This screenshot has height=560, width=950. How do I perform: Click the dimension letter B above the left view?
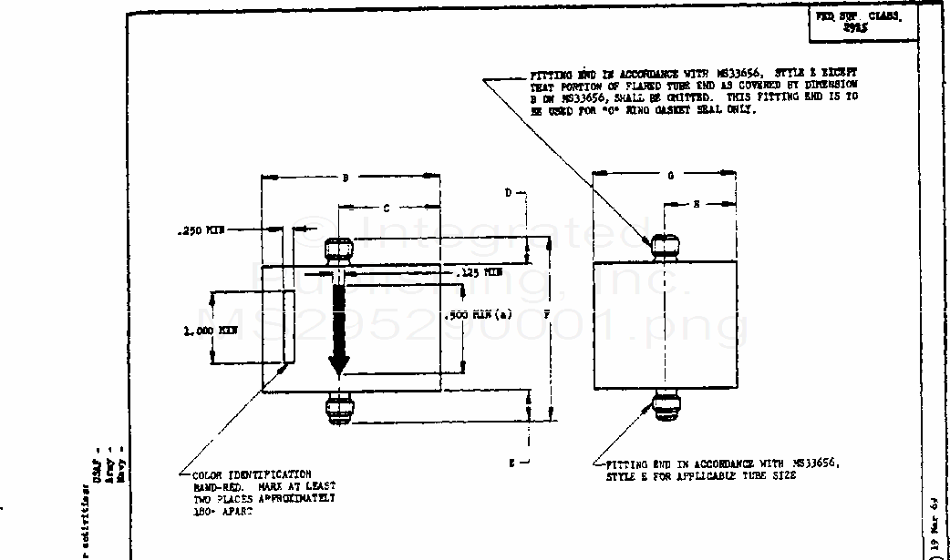[346, 178]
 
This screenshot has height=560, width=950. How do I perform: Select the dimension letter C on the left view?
[386, 209]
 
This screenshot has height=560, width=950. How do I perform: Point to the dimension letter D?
[509, 193]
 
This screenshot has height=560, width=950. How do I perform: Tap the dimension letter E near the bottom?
[512, 463]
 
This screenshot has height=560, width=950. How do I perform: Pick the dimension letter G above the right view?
[670, 176]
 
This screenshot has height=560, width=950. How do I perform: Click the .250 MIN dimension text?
[200, 231]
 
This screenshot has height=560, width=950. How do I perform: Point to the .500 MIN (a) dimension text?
[479, 315]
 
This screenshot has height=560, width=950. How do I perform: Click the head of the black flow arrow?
[339, 366]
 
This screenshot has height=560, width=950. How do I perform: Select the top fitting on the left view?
[339, 250]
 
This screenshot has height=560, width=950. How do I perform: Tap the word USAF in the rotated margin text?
[97, 474]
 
